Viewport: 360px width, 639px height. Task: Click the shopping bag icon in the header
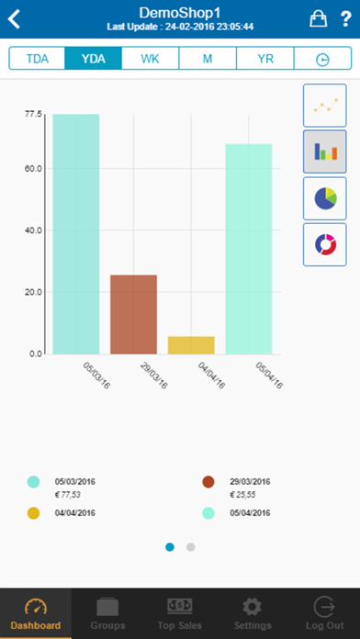(x=318, y=18)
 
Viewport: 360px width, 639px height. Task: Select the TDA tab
(x=38, y=59)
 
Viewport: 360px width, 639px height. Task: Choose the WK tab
(x=151, y=59)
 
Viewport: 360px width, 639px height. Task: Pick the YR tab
(x=264, y=59)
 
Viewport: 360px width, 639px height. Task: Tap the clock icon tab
(x=322, y=59)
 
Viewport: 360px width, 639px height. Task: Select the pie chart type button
(x=325, y=198)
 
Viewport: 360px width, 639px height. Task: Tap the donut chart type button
(x=325, y=244)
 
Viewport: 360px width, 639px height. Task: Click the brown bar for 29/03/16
(x=133, y=314)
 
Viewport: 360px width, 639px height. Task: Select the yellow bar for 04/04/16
(x=191, y=345)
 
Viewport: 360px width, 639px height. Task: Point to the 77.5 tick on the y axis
(x=33, y=114)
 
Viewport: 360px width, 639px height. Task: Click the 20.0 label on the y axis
(x=33, y=292)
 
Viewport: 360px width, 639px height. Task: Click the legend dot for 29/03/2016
(x=208, y=481)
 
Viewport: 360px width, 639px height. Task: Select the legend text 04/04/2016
(x=75, y=513)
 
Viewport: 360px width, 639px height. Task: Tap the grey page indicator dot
(x=191, y=547)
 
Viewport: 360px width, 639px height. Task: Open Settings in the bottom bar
(x=252, y=613)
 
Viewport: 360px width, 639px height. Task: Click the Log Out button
(x=323, y=613)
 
